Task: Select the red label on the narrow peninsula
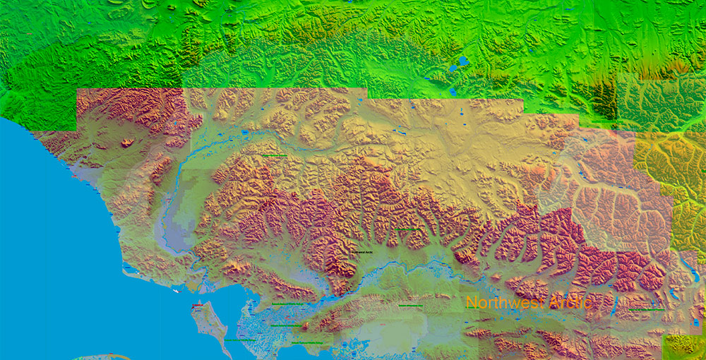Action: point(198,307)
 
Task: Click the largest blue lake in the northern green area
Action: point(463,61)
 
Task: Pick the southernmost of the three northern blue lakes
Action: point(453,91)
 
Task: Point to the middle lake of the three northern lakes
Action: point(452,70)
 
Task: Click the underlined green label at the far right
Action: point(645,309)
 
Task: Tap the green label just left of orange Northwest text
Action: point(410,306)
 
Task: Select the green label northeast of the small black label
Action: point(405,229)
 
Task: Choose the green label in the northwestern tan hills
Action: point(274,155)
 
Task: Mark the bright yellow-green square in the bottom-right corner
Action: point(683,345)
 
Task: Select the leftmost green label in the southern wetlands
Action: point(240,340)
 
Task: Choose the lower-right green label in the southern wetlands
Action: point(311,343)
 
